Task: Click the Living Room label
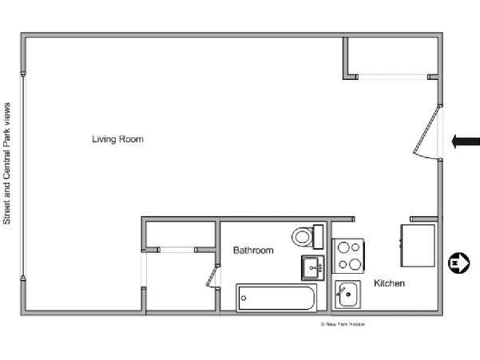coord(117,139)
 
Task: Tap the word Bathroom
coord(253,251)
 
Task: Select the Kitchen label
coord(389,283)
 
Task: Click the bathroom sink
coord(313,267)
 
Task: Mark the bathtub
coord(276,299)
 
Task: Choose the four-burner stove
coord(348,255)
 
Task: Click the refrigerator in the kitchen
coord(418,245)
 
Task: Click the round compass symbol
coord(458,262)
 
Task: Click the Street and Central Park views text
coord(8,163)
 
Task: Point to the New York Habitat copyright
coord(342,323)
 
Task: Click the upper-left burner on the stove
coord(342,248)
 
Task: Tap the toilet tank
coord(317,236)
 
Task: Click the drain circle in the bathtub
coord(244,299)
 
